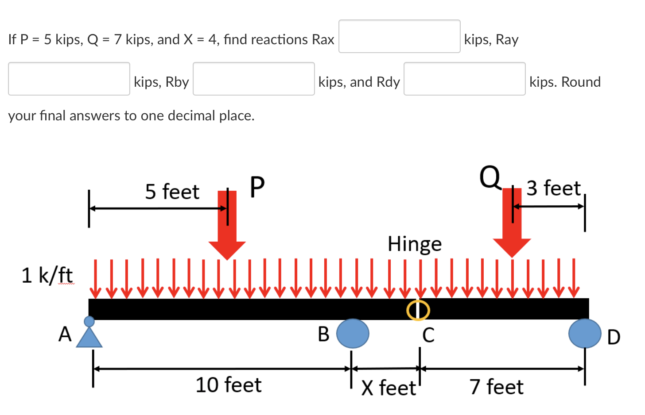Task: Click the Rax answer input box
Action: [x=399, y=36]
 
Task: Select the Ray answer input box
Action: [x=69, y=79]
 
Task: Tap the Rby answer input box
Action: [x=253, y=79]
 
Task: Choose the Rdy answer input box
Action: [x=464, y=79]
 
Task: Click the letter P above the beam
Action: [x=257, y=187]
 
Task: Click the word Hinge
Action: [x=415, y=244]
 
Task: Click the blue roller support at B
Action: [x=353, y=334]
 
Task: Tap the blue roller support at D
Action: [x=585, y=333]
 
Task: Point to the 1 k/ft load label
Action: [x=47, y=275]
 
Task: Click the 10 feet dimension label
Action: [x=229, y=385]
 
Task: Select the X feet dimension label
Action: [x=389, y=388]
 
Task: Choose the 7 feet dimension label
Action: [x=497, y=387]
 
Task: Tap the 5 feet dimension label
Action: [x=172, y=192]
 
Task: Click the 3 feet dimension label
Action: [x=553, y=188]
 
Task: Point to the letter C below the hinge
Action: [x=428, y=335]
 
